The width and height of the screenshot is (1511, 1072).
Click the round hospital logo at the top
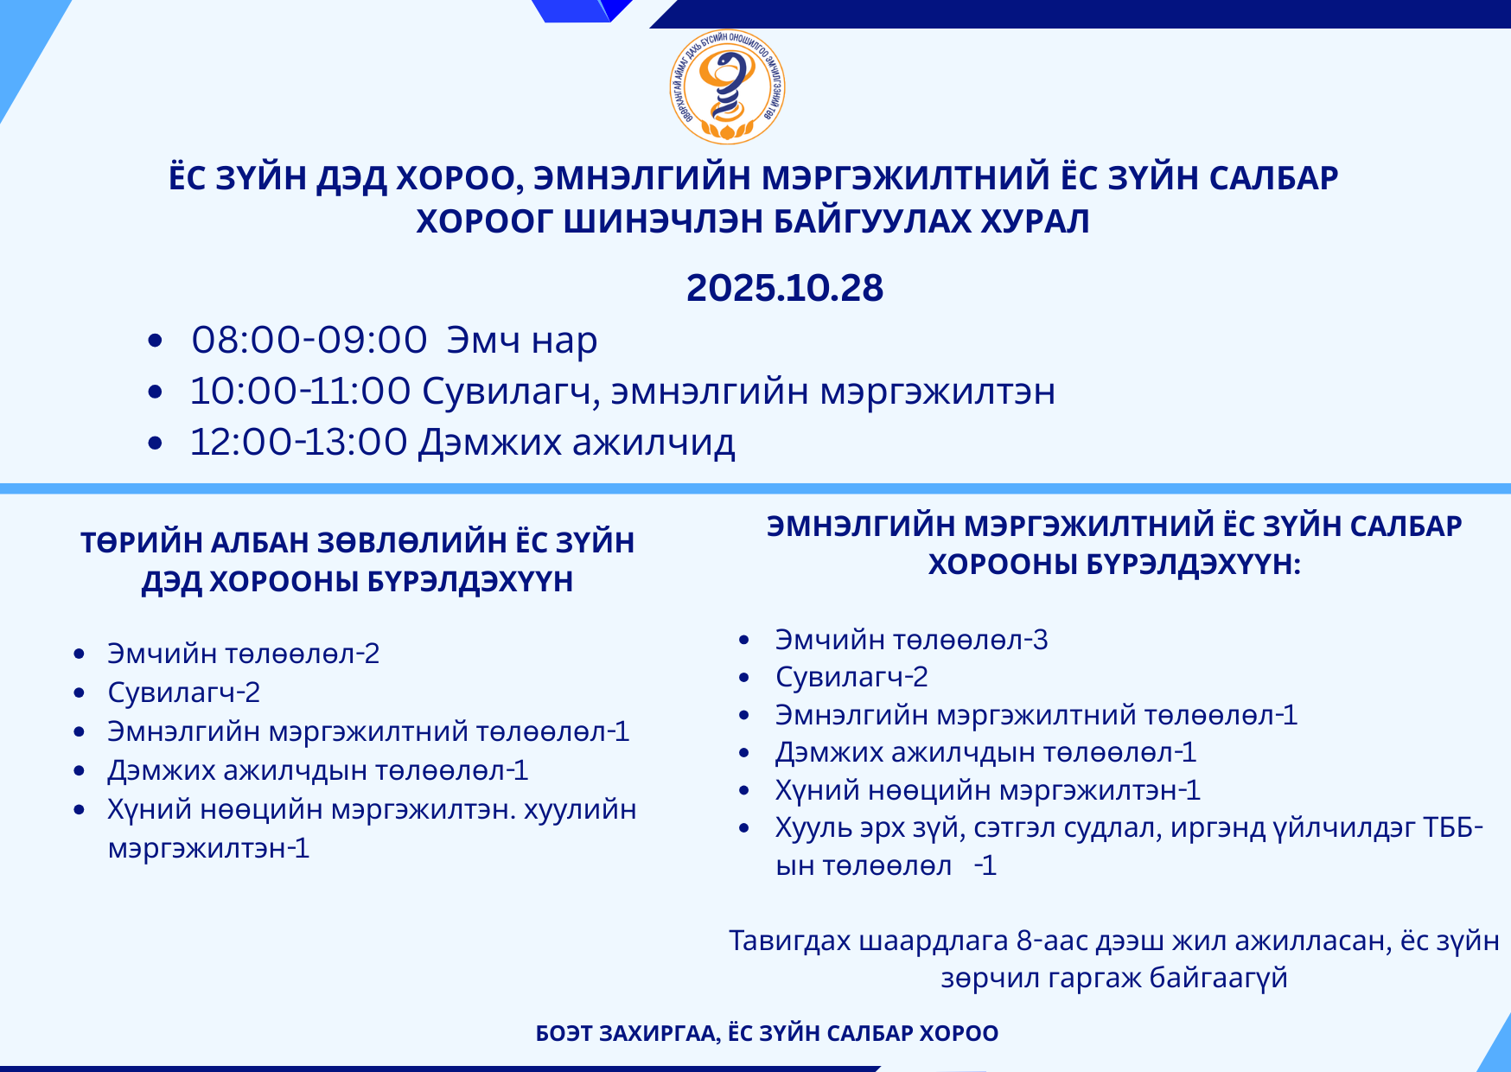click(x=728, y=87)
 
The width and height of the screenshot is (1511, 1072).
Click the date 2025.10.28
click(x=785, y=288)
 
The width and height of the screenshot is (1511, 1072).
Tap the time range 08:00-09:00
click(x=309, y=340)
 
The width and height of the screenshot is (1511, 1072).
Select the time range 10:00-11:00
click(x=300, y=391)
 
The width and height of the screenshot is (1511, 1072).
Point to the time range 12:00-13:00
click(x=298, y=442)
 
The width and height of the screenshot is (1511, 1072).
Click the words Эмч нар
click(x=522, y=340)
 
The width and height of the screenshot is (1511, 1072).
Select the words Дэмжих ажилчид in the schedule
click(x=577, y=443)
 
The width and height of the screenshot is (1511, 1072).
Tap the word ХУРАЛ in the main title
click(x=1035, y=221)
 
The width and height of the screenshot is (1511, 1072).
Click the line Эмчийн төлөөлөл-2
click(x=244, y=654)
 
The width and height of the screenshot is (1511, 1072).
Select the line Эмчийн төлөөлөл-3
click(x=912, y=640)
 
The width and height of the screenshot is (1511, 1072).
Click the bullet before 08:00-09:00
click(x=156, y=341)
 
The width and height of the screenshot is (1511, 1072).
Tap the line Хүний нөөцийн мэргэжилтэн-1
click(x=988, y=790)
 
